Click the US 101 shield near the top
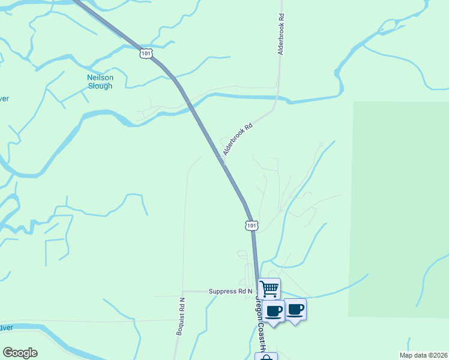click(146, 53)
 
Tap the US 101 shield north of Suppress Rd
click(252, 226)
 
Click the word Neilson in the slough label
click(100, 77)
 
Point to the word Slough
click(100, 86)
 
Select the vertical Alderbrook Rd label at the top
click(280, 35)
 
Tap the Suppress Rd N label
click(231, 291)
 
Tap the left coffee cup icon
click(274, 311)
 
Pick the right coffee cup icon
click(295, 309)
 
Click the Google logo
click(20, 353)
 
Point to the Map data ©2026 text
click(423, 355)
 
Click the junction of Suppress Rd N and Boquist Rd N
click(183, 291)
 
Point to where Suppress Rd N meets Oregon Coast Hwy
click(257, 292)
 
